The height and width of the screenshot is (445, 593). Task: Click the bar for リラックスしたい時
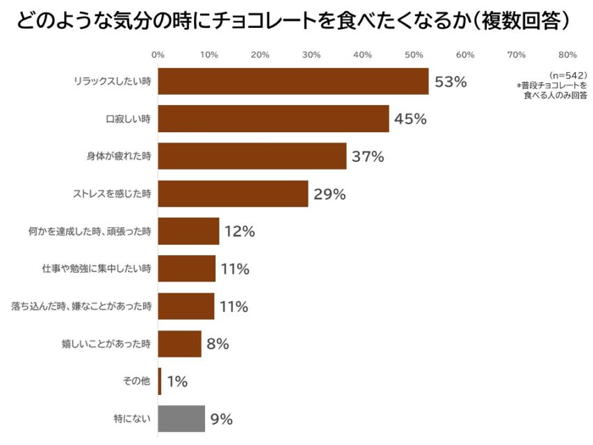pyautogui.click(x=293, y=81)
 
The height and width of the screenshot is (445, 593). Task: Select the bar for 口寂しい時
pyautogui.click(x=273, y=119)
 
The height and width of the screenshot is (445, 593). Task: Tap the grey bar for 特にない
pyautogui.click(x=181, y=419)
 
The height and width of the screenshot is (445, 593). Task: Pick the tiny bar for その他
pyautogui.click(x=160, y=381)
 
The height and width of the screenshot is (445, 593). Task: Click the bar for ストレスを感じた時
pyautogui.click(x=233, y=194)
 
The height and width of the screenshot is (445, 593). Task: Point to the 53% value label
pyautogui.click(x=450, y=82)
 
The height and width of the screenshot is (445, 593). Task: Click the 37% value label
pyautogui.click(x=368, y=156)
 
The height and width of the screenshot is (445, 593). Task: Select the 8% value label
pyautogui.click(x=218, y=343)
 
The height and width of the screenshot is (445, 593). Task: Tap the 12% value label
pyautogui.click(x=240, y=232)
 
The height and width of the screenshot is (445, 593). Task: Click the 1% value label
pyautogui.click(x=177, y=381)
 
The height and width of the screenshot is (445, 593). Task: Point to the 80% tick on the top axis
pyautogui.click(x=567, y=55)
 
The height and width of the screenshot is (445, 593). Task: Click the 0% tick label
pyautogui.click(x=158, y=55)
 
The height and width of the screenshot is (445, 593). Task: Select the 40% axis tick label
pyautogui.click(x=362, y=55)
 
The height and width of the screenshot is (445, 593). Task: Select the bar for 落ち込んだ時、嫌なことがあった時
pyautogui.click(x=186, y=306)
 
